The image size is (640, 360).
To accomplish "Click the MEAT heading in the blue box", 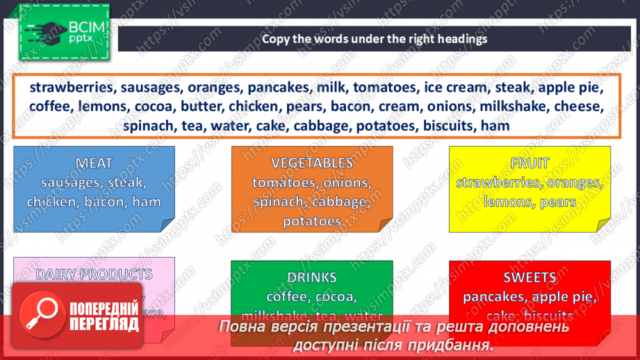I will pos(94,163).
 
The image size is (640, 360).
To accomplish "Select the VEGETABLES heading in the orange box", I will pos(312,163).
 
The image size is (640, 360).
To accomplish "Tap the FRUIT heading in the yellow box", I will pos(530,163).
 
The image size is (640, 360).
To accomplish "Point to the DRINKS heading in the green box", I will pos(312,277).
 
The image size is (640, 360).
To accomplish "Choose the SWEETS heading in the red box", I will pos(530,277).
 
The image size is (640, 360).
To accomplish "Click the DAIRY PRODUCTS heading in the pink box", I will pos(94,275).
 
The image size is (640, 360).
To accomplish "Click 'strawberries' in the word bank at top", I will pos(72,88).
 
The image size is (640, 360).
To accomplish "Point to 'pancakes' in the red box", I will pos(493,297).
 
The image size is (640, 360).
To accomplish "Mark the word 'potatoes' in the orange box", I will pos(312,222).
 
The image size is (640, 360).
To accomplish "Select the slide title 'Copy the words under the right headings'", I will pos(375,39).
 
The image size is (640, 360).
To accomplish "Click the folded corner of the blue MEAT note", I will pos(167,224).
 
